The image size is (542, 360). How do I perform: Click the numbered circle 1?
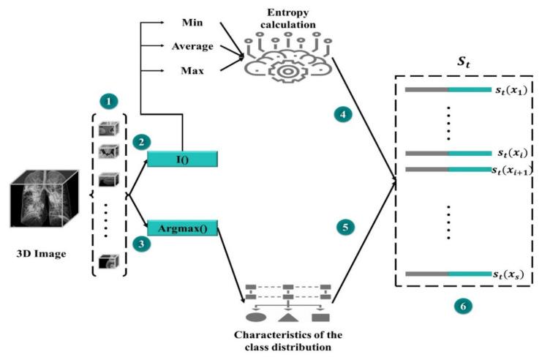pyautogui.click(x=108, y=97)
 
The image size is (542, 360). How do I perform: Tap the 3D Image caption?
pyautogui.click(x=41, y=255)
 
